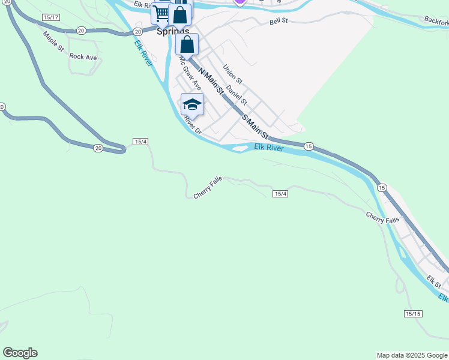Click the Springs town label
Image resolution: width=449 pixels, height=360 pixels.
(173, 32)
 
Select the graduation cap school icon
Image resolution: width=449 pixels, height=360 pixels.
(192, 105)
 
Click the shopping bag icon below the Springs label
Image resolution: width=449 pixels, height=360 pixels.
(187, 44)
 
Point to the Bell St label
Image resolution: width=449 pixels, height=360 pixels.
(279, 22)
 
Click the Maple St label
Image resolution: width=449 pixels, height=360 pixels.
(53, 41)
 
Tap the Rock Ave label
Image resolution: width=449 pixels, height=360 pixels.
(83, 56)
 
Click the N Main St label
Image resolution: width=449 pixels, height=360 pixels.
(211, 82)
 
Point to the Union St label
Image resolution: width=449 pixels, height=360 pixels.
(232, 74)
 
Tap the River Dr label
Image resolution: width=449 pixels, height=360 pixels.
(193, 124)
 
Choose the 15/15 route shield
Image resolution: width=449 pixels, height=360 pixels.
(413, 314)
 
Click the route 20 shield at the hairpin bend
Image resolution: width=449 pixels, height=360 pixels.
(97, 148)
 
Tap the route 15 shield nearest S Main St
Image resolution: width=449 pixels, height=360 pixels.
(309, 146)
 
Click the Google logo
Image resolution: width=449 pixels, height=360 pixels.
(20, 353)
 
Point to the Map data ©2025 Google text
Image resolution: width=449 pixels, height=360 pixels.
(412, 355)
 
